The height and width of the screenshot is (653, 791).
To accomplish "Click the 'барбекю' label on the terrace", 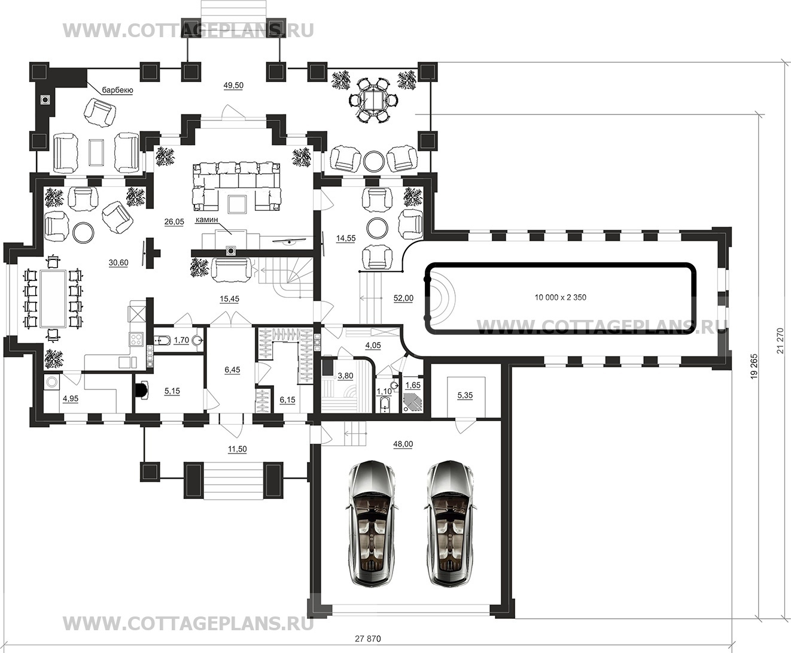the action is (117, 90).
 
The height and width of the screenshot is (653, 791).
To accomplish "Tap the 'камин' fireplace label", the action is (207, 220).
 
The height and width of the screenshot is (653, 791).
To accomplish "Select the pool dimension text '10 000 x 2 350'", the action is (560, 298).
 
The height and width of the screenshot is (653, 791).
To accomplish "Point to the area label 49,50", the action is (233, 86).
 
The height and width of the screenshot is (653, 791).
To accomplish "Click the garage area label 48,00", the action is (403, 444).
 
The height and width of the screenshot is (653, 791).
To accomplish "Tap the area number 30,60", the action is (118, 262).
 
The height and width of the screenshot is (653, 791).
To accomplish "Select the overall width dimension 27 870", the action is (368, 639).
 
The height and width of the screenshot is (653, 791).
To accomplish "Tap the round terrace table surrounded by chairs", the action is (373, 101).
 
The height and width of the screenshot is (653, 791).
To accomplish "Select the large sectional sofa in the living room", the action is (237, 186).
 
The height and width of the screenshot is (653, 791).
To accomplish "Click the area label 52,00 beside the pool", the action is (403, 298).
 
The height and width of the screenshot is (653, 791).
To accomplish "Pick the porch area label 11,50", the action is (237, 449).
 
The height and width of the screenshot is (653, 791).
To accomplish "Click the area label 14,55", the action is (346, 238).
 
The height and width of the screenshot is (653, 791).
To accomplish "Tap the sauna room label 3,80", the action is (345, 376).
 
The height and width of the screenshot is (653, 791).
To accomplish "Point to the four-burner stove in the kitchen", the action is (136, 339).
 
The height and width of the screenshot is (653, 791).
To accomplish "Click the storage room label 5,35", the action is (465, 395).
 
